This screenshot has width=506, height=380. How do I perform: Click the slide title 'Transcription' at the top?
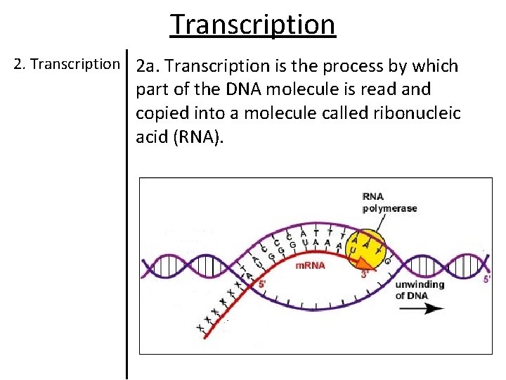click(253, 24)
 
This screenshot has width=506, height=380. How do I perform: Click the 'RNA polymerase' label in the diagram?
click(389, 202)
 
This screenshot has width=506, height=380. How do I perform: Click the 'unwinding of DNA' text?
click(419, 290)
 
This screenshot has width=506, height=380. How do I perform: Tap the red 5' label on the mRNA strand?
click(262, 284)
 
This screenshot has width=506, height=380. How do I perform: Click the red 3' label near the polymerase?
click(364, 275)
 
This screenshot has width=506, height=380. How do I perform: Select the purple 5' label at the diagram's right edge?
click(487, 279)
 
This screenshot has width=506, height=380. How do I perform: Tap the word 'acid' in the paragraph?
click(153, 137)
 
